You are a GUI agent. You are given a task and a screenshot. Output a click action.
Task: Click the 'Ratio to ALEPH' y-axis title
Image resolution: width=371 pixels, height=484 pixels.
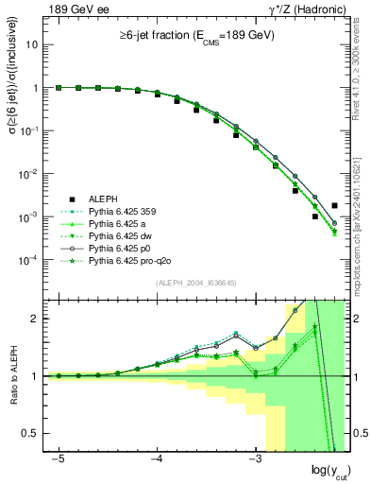click(12, 376)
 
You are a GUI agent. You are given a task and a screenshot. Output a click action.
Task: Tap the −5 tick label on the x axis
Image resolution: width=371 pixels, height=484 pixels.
click(59, 458)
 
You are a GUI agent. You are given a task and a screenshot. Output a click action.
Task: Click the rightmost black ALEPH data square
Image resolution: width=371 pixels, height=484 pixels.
click(334, 205)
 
